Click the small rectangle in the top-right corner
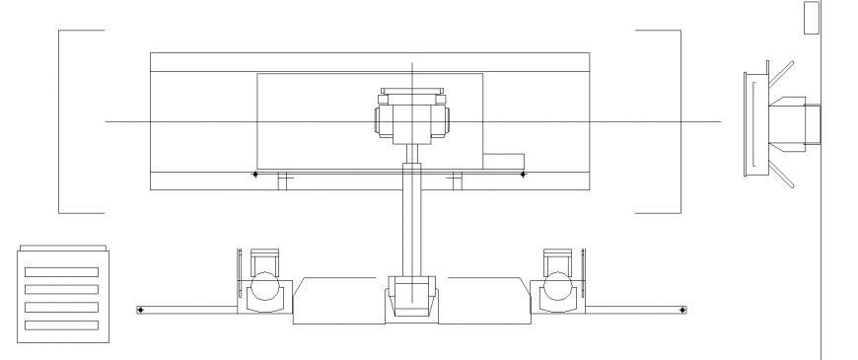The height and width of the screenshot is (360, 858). click(x=812, y=18)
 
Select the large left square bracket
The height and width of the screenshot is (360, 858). click(x=60, y=121)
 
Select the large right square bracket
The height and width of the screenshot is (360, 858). click(x=679, y=121)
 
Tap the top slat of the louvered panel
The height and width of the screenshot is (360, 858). click(x=61, y=271)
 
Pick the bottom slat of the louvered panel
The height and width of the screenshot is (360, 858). click(x=61, y=324)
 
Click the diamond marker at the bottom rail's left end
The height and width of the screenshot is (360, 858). click(x=140, y=311)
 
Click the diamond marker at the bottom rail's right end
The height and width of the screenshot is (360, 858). click(x=681, y=311)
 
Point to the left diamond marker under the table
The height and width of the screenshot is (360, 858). click(x=254, y=175)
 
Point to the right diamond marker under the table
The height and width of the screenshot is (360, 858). click(x=524, y=175)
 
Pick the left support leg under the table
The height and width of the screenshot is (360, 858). click(x=283, y=181)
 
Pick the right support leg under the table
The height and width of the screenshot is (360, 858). click(x=456, y=181)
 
